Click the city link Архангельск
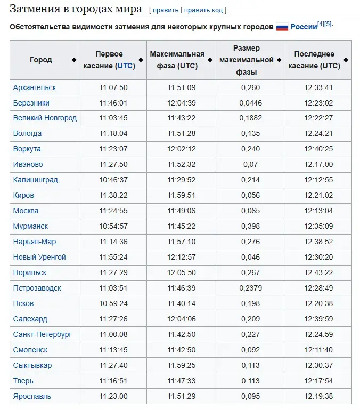35,87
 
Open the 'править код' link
204,10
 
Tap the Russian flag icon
282,27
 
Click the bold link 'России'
304,27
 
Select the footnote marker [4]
321,23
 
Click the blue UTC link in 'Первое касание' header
126,66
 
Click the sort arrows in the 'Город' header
74,60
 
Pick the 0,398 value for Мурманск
250,226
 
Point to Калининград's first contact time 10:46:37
113,180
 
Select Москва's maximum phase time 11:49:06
181,211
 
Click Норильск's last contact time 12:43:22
318,272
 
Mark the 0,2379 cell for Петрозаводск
250,288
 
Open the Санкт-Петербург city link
43,334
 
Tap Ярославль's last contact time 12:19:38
318,396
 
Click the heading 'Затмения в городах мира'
76,9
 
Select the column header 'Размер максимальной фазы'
246,60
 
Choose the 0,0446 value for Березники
250,103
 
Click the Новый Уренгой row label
39,257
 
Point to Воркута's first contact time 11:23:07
113,149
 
